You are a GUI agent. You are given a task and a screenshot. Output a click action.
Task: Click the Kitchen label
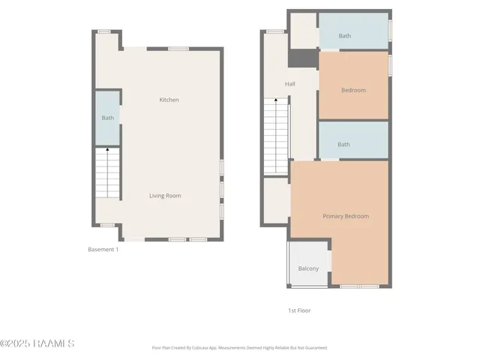coord(169,100)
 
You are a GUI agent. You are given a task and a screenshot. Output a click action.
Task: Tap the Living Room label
coord(165,196)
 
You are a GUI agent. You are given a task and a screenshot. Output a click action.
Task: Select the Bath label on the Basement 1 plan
coord(108,118)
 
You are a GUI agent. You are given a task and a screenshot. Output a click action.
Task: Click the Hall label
coord(289,84)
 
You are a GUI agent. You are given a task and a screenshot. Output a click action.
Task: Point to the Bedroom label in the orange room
coord(353,91)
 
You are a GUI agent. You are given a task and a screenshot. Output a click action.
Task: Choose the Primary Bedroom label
coord(346,217)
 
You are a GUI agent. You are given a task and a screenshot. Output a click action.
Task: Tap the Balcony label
coord(308,268)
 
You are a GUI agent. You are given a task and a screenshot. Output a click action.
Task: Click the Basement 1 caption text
coord(103,250)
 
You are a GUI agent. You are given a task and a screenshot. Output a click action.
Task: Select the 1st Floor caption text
coord(299,310)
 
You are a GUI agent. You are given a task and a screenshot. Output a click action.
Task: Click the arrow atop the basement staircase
coord(107,150)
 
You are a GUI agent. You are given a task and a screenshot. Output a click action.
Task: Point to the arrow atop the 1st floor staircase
coord(276,103)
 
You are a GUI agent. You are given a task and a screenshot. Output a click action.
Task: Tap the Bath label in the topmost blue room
coord(344,35)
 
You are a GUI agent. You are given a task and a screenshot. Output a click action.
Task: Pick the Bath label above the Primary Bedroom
coord(343,145)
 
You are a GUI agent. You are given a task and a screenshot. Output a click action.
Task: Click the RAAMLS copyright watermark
coord(37,343)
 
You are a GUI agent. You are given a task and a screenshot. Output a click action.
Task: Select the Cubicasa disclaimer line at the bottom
coord(239,348)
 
